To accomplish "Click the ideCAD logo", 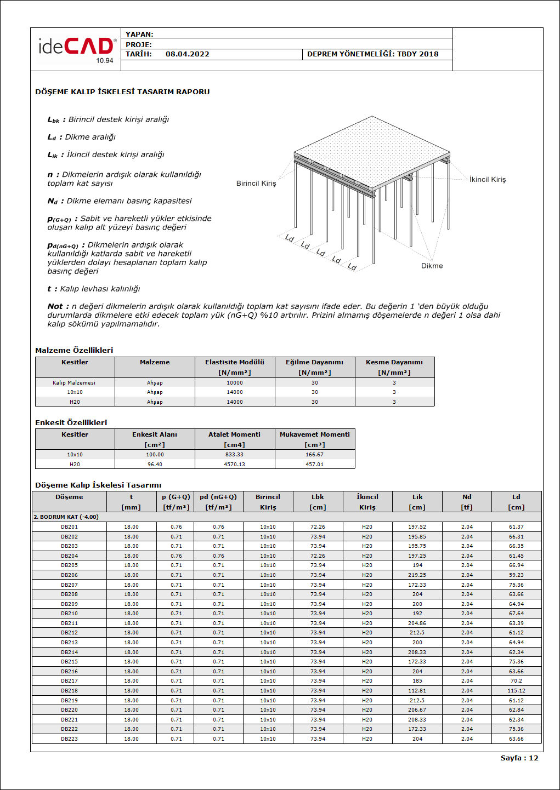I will [76, 48].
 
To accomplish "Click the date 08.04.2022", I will [187, 54].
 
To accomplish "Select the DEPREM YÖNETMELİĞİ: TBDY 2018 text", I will [372, 54].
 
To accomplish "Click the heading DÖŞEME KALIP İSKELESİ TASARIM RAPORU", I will [122, 92].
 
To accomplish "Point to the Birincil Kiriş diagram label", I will [256, 184].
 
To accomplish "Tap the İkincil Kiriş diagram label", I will [488, 180].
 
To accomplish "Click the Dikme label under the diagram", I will [432, 266].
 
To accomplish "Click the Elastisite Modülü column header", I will [235, 362].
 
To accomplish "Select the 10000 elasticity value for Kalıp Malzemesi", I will [235, 383].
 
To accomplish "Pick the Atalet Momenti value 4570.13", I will [234, 465].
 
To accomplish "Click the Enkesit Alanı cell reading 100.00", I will [155, 455].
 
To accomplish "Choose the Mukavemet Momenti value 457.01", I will [314, 465].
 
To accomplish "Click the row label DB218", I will [69, 691].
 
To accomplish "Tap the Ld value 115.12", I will [516, 691].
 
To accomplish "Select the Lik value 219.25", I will [417, 575].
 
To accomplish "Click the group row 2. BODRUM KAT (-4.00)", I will [66, 517].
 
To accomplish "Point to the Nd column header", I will [467, 497].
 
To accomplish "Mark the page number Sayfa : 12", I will [519, 758].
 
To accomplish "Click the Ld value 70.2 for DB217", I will [516, 681].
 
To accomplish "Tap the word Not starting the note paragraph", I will [55, 307].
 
